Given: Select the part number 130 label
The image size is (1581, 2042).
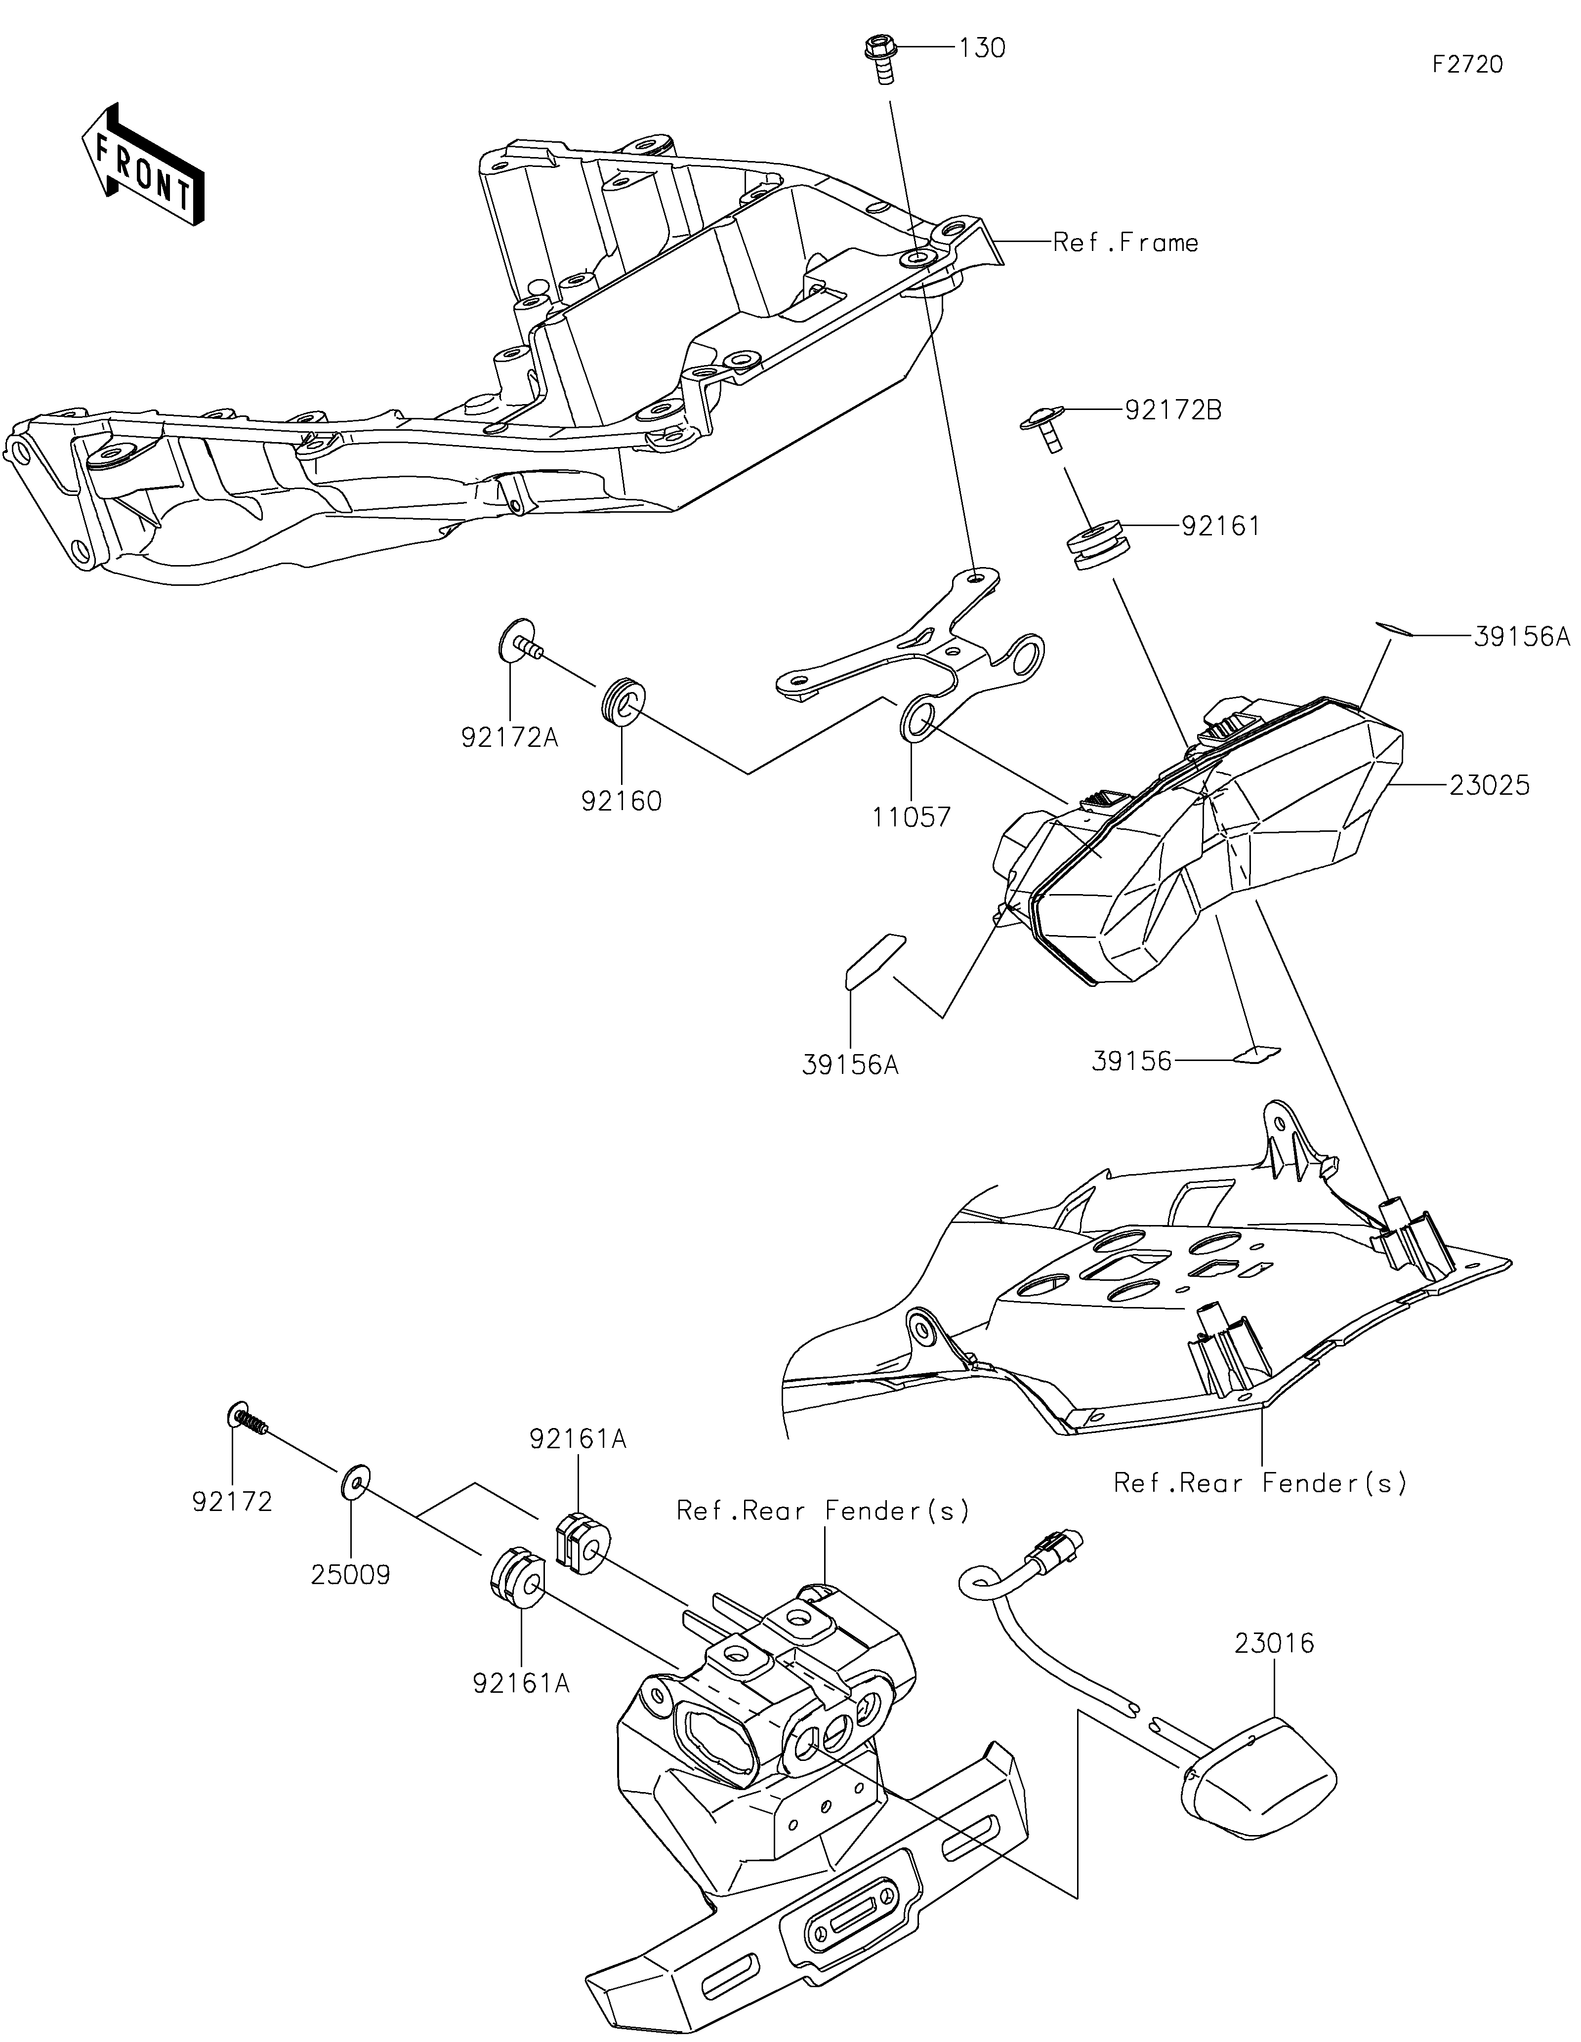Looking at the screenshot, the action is [982, 48].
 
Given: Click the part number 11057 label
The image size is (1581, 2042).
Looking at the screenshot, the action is [912, 817].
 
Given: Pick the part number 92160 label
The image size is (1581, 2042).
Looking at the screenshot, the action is [622, 801].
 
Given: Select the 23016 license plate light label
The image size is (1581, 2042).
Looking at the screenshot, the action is [1274, 1643].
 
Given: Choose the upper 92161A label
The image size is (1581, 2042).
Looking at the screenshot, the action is [578, 1439].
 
